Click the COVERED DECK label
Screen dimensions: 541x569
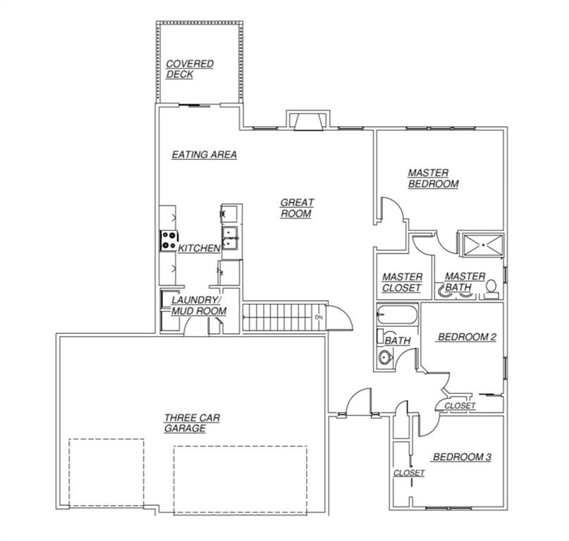[x=189, y=69]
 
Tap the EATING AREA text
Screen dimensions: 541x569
[x=204, y=155]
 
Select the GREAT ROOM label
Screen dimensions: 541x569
[x=297, y=208]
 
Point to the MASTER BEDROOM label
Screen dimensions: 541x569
[x=433, y=178]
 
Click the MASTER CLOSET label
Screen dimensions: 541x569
[x=402, y=282]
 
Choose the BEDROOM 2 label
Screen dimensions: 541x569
[x=467, y=337]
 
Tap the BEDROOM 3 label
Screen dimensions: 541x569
[x=462, y=457]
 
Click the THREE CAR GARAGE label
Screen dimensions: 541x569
[x=191, y=423]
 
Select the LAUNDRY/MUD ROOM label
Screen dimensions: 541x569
[x=197, y=305]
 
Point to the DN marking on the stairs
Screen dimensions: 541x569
[x=319, y=318]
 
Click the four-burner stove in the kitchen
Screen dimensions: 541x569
[x=169, y=241]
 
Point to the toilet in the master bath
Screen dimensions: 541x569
[x=491, y=287]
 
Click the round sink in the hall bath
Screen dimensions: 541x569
[x=384, y=359]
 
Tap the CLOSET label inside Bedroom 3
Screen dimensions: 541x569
[x=409, y=473]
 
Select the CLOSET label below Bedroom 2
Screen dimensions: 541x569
[x=460, y=406]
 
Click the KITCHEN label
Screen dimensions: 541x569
[x=199, y=249]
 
